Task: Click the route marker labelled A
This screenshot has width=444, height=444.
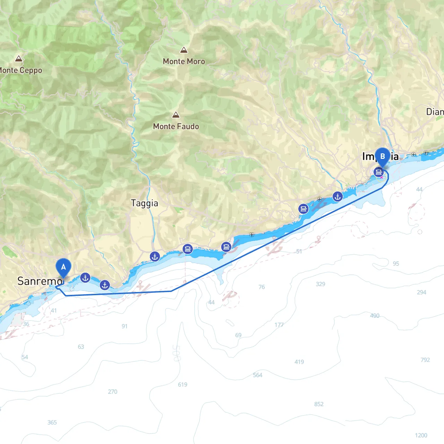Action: coord(63,267)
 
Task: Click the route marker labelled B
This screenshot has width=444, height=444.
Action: coord(383,156)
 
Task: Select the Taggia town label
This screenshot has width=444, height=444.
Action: coord(144,203)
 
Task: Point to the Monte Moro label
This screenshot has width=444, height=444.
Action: coord(184,61)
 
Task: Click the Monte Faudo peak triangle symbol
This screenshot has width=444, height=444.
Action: coord(176,115)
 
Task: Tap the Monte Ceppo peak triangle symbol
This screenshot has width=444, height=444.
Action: coord(19,59)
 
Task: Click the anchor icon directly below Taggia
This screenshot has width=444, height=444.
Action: coord(155,257)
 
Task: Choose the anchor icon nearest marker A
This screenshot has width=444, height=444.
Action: coord(85,278)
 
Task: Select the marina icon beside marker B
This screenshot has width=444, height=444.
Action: coord(378,172)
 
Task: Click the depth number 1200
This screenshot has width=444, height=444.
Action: coord(421,435)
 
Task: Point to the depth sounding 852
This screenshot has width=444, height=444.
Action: coord(319,404)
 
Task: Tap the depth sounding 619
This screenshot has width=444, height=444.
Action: coord(182,384)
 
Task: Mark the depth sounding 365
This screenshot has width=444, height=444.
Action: coord(52,422)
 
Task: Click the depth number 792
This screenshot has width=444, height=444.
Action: coord(425,360)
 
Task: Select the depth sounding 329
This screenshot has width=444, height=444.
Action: coord(321,284)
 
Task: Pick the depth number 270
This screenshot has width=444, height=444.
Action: coord(113,392)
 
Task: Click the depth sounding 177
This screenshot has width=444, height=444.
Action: coord(279,325)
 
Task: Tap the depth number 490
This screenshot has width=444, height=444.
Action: coord(375,316)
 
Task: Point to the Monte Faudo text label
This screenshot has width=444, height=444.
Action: coord(176,127)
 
